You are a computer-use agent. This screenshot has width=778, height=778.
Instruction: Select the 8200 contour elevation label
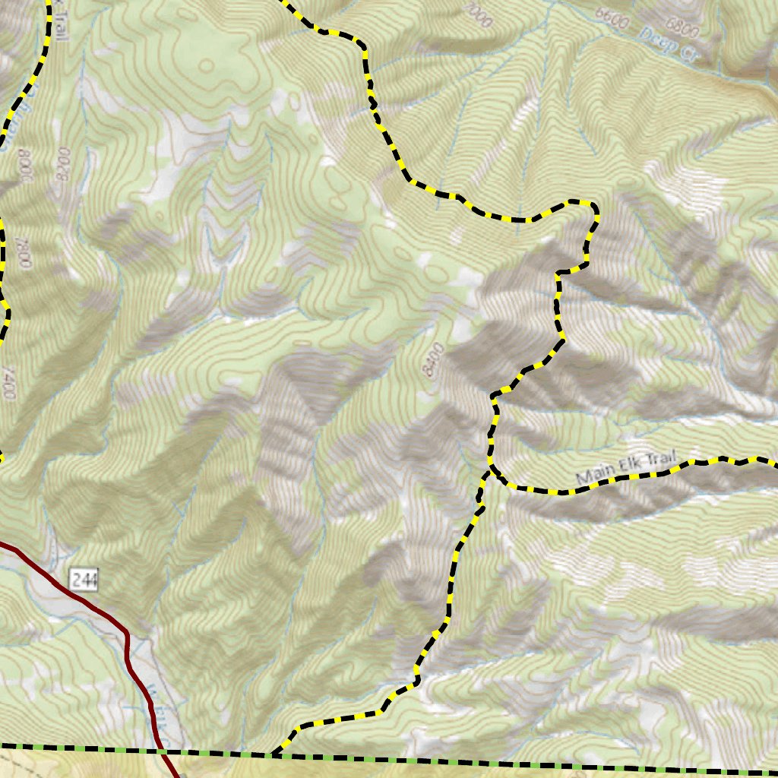coord(65,163)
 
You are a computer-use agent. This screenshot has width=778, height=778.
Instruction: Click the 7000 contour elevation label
coord(479,15)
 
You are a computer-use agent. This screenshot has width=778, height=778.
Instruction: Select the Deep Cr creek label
coord(657,39)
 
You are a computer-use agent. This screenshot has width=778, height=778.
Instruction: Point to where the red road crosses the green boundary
coord(162,751)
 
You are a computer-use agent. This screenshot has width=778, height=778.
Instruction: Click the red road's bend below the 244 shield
coord(127,638)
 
